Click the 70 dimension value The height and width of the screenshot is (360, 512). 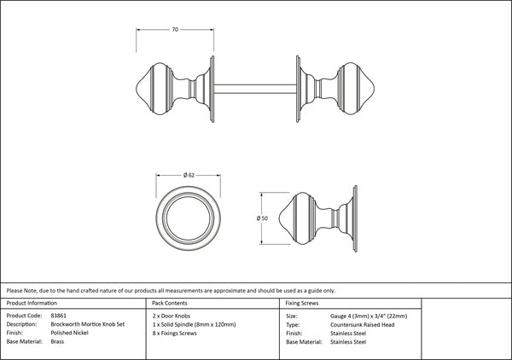tap(175, 29)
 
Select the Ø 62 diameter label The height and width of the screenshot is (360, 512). tap(189, 175)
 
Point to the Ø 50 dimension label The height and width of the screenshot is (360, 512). tap(262, 218)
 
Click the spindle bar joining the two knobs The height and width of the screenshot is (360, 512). tap(255, 89)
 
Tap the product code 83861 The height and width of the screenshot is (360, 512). tap(58, 316)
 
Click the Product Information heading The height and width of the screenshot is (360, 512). tap(32, 303)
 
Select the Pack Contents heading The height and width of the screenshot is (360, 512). tap(170, 303)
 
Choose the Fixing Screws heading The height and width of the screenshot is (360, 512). tap(302, 303)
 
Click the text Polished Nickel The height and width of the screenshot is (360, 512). tap(70, 333)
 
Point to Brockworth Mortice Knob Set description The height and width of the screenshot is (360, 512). tap(88, 324)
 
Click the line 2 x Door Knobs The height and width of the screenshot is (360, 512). tap(172, 316)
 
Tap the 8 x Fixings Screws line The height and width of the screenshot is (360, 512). tap(174, 334)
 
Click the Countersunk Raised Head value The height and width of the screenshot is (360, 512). tap(362, 325)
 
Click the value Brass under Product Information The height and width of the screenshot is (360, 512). tap(57, 342)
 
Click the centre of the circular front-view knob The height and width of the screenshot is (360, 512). tap(188, 218)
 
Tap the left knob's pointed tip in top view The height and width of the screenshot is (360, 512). tap(137, 89)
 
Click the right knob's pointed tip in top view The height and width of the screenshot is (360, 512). tap(375, 89)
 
